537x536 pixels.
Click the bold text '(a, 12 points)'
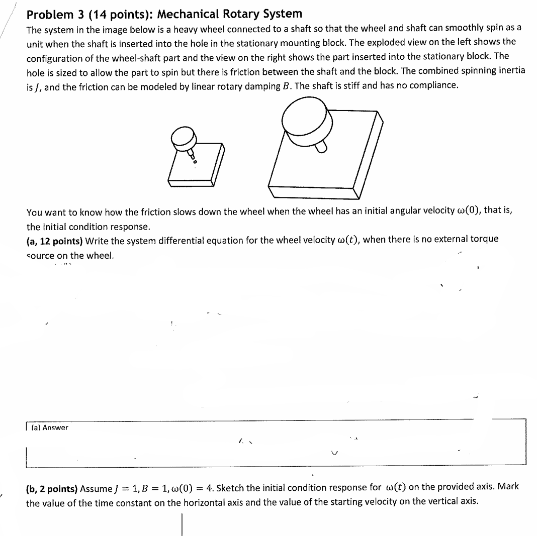coord(55,240)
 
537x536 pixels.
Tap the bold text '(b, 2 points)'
coord(52,488)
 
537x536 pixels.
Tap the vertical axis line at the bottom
coord(182,524)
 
